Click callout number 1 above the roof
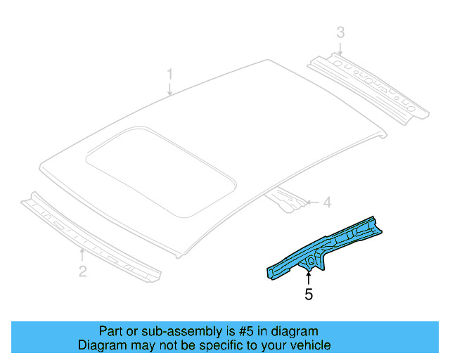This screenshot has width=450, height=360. pyautogui.click(x=169, y=74)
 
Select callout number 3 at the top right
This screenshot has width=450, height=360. pyautogui.click(x=340, y=32)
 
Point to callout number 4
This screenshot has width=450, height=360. pyautogui.click(x=326, y=203)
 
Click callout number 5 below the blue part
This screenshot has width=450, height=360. pyautogui.click(x=308, y=295)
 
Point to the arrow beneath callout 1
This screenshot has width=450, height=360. pyautogui.click(x=169, y=89)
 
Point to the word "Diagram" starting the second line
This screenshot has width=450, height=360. pyautogui.click(x=101, y=345)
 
